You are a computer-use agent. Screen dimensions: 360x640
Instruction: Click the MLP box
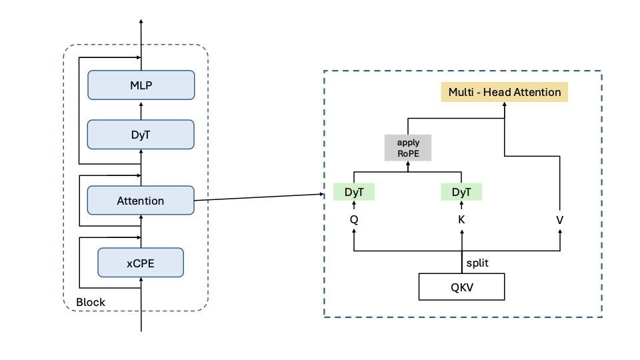tap(141, 85)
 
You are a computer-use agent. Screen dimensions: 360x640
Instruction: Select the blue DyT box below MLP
tap(141, 134)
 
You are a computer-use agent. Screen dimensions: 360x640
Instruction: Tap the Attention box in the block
tap(141, 200)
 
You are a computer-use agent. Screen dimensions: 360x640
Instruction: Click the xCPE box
tap(141, 263)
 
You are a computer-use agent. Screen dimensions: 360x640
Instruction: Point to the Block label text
tap(91, 302)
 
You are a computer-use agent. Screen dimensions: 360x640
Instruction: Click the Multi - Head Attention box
tap(505, 92)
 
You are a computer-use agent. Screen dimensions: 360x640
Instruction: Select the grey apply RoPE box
tap(408, 147)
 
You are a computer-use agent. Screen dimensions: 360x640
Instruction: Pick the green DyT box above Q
tap(354, 192)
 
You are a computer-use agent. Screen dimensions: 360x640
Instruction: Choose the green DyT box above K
tap(461, 192)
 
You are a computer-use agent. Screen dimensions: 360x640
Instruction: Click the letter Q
tap(354, 219)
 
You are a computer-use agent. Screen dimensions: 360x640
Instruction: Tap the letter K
tap(461, 219)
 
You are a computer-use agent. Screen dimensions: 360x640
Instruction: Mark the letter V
tap(560, 219)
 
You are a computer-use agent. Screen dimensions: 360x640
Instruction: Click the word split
tap(477, 263)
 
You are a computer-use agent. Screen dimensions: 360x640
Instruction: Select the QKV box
tap(461, 287)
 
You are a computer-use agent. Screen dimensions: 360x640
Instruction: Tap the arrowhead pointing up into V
tap(560, 231)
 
